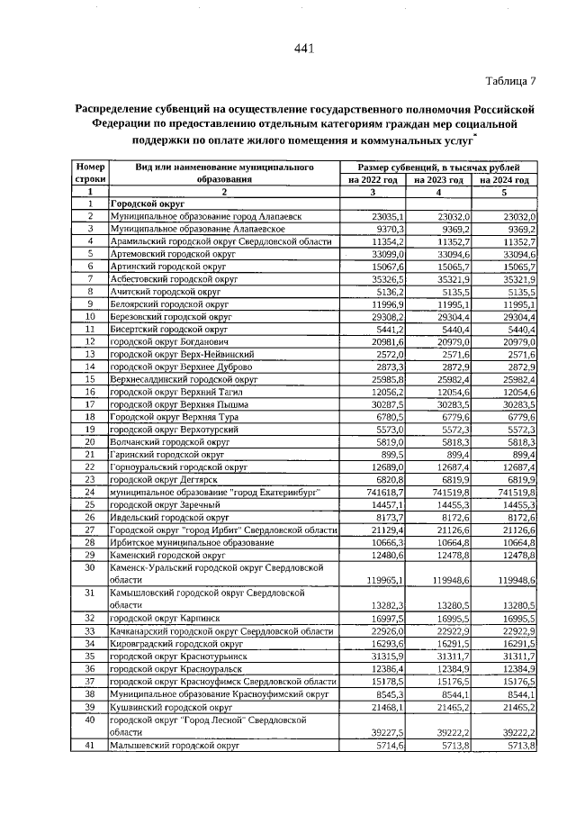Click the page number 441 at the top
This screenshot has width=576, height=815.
303,49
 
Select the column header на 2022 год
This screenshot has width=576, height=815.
373,180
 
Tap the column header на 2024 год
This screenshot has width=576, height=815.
504,180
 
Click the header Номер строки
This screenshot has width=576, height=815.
91,174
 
